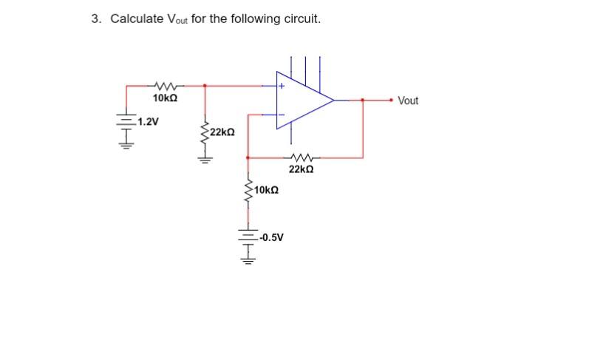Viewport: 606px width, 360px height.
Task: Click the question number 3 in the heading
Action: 95,18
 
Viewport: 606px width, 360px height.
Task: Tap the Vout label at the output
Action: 407,101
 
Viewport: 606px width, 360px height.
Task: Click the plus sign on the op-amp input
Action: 282,86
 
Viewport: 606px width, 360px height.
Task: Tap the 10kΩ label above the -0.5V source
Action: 266,191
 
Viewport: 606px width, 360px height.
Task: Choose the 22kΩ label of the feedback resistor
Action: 301,170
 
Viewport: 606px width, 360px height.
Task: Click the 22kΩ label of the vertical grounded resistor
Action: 222,132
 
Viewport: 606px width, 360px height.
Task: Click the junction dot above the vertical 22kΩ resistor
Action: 204,86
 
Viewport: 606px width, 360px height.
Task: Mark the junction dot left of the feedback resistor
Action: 248,157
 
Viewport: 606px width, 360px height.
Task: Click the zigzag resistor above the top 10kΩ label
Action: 163,86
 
